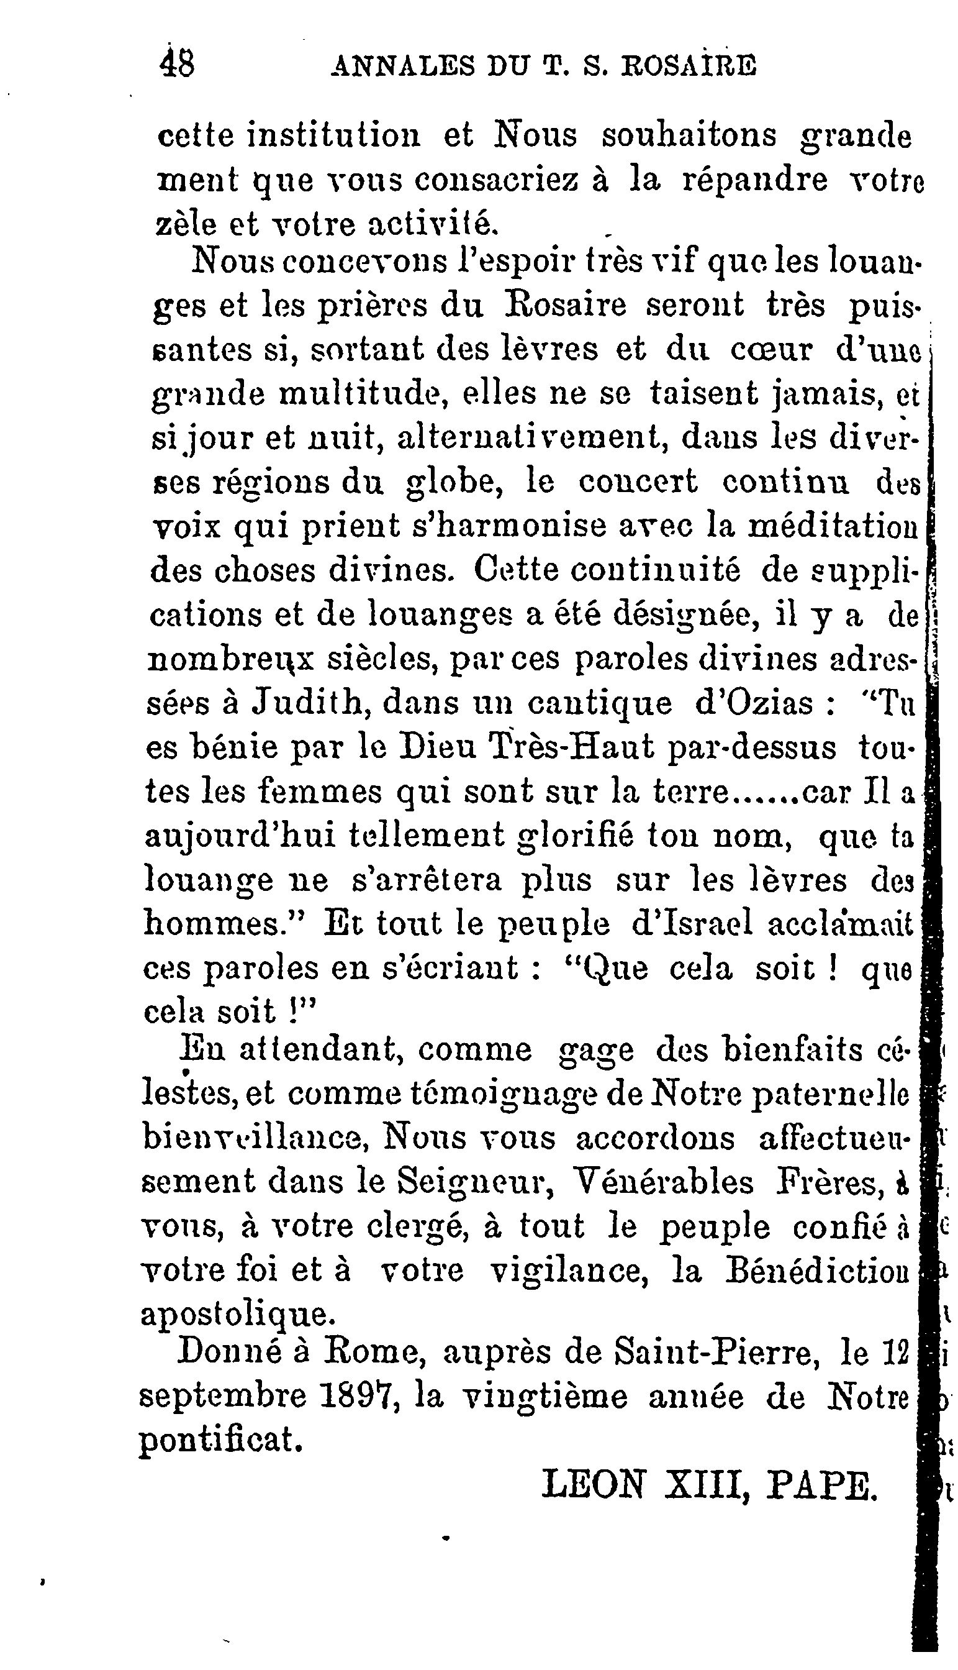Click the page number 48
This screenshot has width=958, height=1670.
177,65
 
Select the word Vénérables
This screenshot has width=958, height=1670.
664,1182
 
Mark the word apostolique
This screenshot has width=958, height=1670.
238,1315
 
